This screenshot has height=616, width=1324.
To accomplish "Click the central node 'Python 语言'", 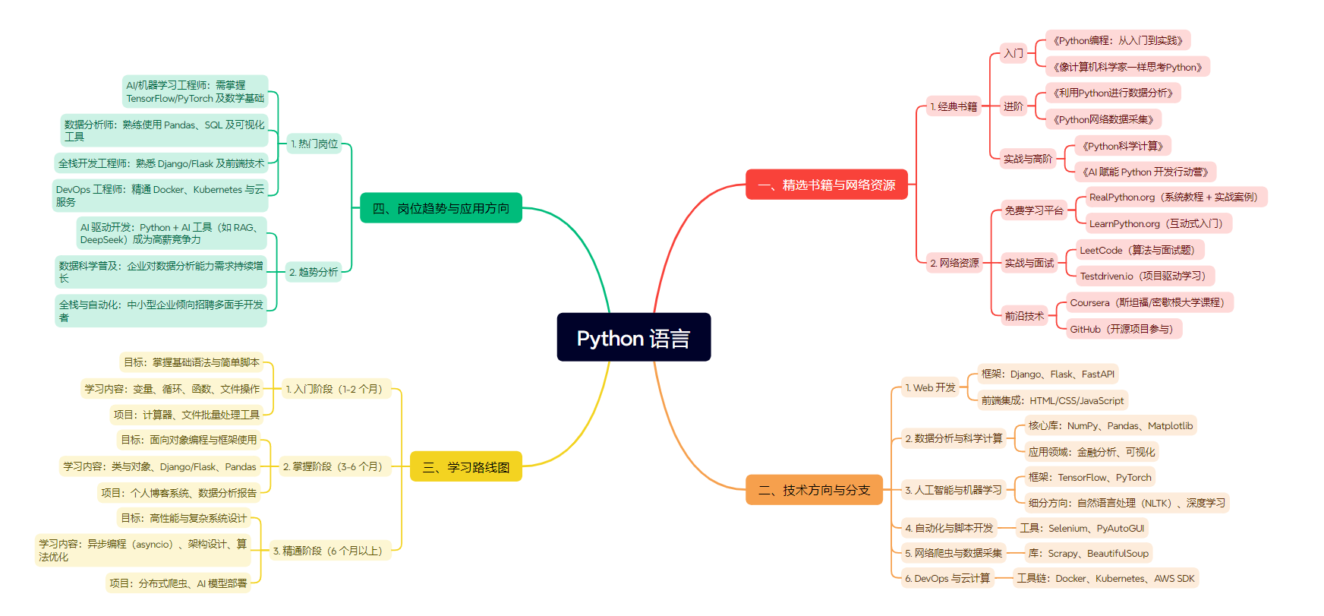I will pyautogui.click(x=633, y=337).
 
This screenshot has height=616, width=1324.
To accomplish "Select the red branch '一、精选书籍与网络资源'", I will pyautogui.click(x=826, y=185).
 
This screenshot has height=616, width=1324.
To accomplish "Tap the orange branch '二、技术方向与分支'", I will pyautogui.click(x=814, y=490).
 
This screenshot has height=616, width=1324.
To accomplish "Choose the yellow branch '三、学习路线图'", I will pyautogui.click(x=465, y=466).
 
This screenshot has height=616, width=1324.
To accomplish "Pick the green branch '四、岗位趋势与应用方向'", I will pyautogui.click(x=440, y=208).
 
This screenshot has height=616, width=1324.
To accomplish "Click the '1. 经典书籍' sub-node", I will pyautogui.click(x=954, y=106).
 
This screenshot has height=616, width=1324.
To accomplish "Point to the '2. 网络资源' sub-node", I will pyautogui.click(x=954, y=263).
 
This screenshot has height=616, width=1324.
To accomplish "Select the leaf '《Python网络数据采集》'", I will pyautogui.click(x=1103, y=119).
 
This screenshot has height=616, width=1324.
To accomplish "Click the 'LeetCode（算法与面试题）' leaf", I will pyautogui.click(x=1140, y=250).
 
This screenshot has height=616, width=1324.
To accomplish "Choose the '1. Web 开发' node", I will pyautogui.click(x=930, y=387).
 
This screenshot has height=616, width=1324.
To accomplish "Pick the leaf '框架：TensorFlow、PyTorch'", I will pyautogui.click(x=1089, y=477).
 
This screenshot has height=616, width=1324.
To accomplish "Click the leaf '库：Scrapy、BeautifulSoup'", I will pyautogui.click(x=1087, y=553).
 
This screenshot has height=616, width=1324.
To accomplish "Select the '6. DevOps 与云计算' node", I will pyautogui.click(x=947, y=578).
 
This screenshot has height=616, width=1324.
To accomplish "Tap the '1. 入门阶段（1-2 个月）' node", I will pyautogui.click(x=336, y=389).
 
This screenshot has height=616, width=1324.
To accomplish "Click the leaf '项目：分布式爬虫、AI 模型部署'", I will pyautogui.click(x=178, y=583).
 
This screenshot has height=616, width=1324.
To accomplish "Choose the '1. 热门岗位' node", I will pyautogui.click(x=314, y=144).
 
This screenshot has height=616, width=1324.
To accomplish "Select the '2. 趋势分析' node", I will pyautogui.click(x=314, y=272).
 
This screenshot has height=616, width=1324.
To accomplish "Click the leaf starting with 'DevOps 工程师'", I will pyautogui.click(x=160, y=195).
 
